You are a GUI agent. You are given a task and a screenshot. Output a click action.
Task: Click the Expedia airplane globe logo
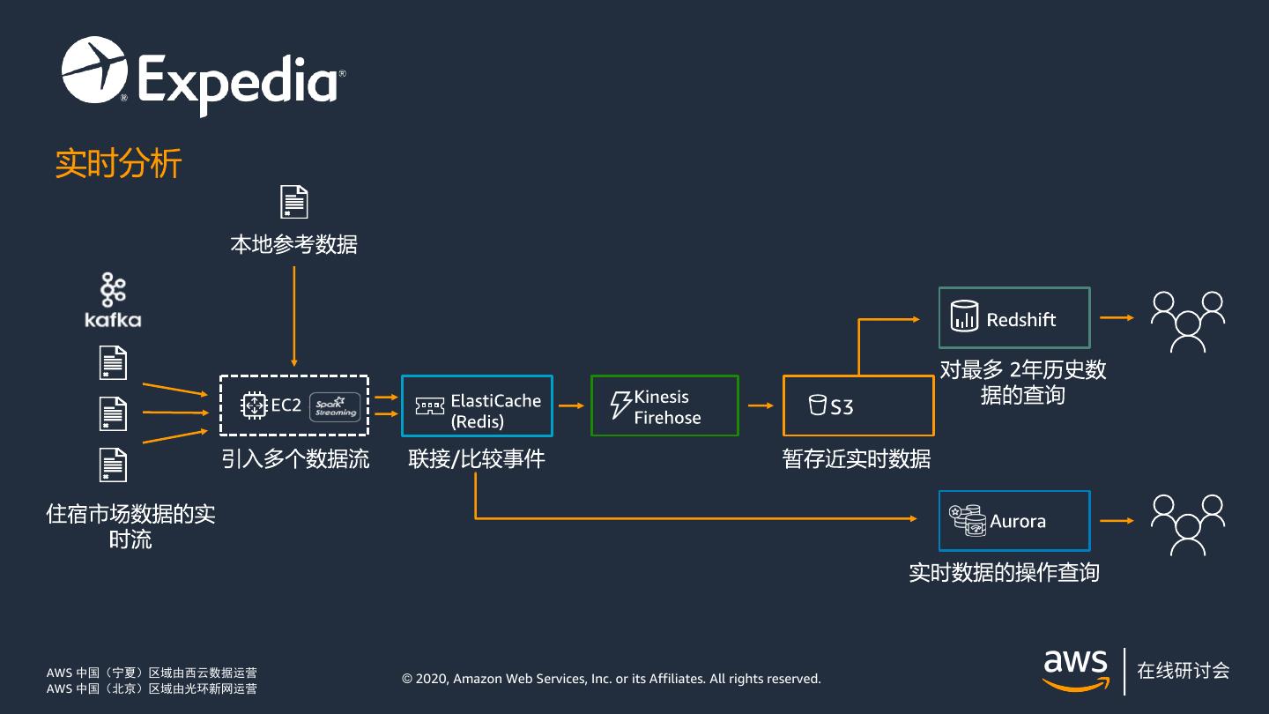coord(93,69)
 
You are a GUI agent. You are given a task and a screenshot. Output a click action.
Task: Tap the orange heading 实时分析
coord(118,164)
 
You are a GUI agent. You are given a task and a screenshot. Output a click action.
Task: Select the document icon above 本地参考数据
coord(293,202)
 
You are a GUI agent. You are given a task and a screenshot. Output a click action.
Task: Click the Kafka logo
coord(113,301)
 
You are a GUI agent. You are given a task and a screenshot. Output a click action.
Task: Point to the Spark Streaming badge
coord(335,405)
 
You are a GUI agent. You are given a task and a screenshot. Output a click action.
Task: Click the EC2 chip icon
coord(254,405)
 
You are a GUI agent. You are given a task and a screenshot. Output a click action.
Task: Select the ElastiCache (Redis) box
coord(477,406)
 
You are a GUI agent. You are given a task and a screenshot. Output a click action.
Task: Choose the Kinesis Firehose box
coord(664,405)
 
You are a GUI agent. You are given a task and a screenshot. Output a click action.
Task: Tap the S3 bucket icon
coord(817,405)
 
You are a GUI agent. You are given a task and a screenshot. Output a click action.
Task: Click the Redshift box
coord(1014,318)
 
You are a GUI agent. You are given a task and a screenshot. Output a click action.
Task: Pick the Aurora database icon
coord(967,520)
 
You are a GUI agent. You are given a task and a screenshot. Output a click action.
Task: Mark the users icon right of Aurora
coord(1188,523)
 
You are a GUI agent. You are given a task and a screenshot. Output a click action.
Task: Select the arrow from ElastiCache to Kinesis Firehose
coord(572,405)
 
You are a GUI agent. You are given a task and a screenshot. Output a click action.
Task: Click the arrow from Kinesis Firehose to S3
coord(761,405)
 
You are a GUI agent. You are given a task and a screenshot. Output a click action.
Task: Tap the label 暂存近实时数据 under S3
coord(856,459)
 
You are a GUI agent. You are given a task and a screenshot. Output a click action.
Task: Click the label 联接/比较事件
coord(477,459)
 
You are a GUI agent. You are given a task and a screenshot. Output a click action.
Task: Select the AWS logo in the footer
coord(1076,670)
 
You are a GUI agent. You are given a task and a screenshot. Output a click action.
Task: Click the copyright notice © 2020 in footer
coord(611,679)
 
